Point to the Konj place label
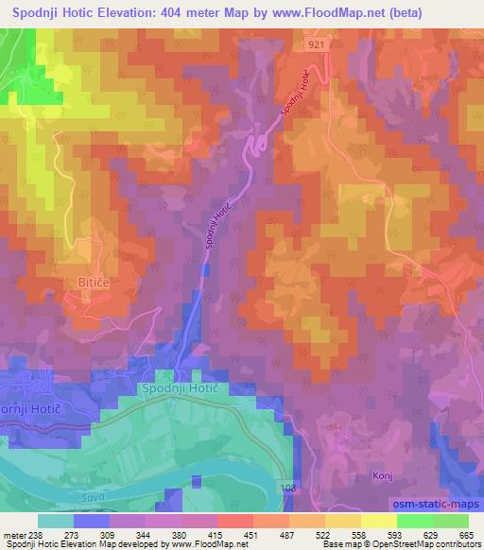click(x=382, y=475)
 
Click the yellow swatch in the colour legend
click(x=378, y=521)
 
